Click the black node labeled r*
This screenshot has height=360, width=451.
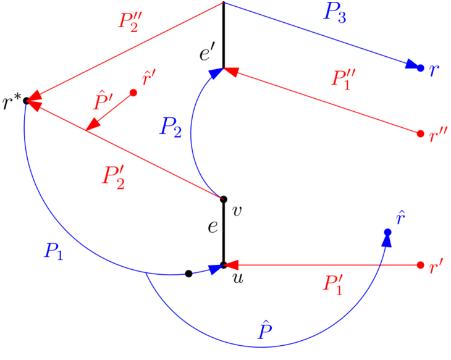26,100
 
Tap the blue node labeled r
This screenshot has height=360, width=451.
421,67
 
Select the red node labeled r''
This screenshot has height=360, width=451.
421,133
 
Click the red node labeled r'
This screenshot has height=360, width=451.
421,266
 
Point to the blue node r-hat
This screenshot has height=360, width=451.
388,232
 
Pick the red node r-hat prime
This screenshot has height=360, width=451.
133,93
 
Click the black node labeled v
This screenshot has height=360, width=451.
224,199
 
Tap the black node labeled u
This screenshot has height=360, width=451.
224,266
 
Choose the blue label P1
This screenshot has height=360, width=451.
54,251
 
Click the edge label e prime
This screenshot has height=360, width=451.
206,53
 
